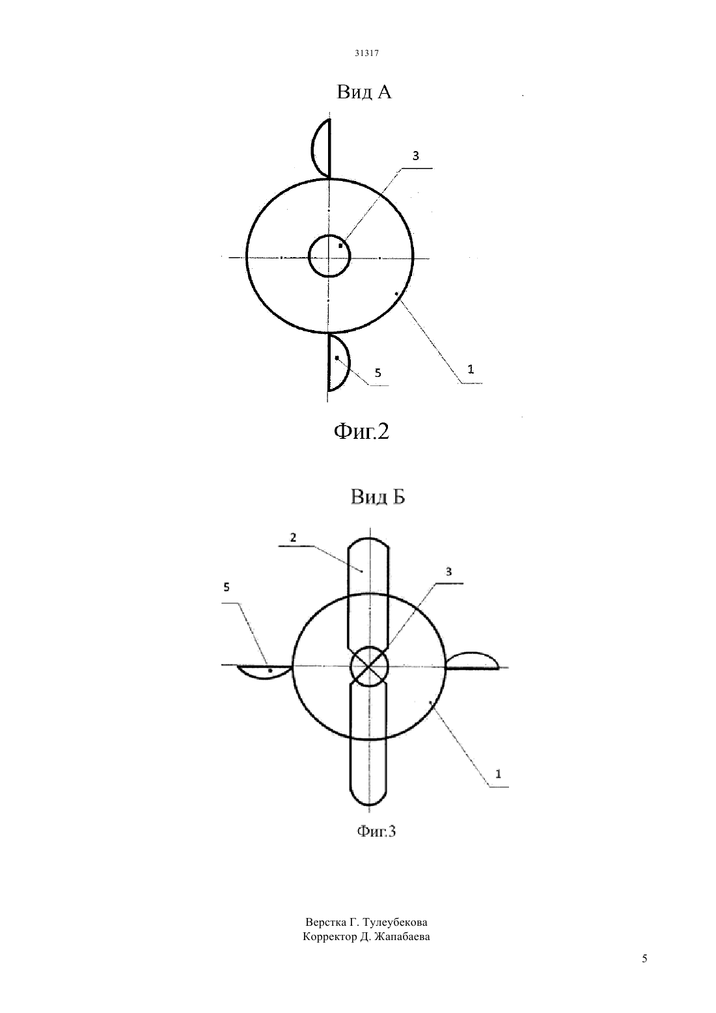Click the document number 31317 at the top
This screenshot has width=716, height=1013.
coord(366,53)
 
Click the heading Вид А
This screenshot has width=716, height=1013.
coord(364,92)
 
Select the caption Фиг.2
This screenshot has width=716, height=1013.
coord(361,432)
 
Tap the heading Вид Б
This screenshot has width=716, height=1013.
coord(378,497)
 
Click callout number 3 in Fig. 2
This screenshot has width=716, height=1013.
coord(415,156)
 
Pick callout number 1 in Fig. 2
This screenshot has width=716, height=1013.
coord(471,370)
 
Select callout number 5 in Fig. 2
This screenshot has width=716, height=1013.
coord(378,372)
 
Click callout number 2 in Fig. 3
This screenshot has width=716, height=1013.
coord(294,538)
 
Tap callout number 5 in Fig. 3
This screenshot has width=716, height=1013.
coord(227,587)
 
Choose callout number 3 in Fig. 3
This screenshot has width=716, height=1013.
coord(449,572)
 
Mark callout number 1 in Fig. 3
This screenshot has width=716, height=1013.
coord(498,774)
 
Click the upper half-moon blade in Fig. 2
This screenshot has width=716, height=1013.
coord(312,148)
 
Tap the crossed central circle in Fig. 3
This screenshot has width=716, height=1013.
coord(369,667)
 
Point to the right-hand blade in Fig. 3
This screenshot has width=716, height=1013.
coord(472,652)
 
